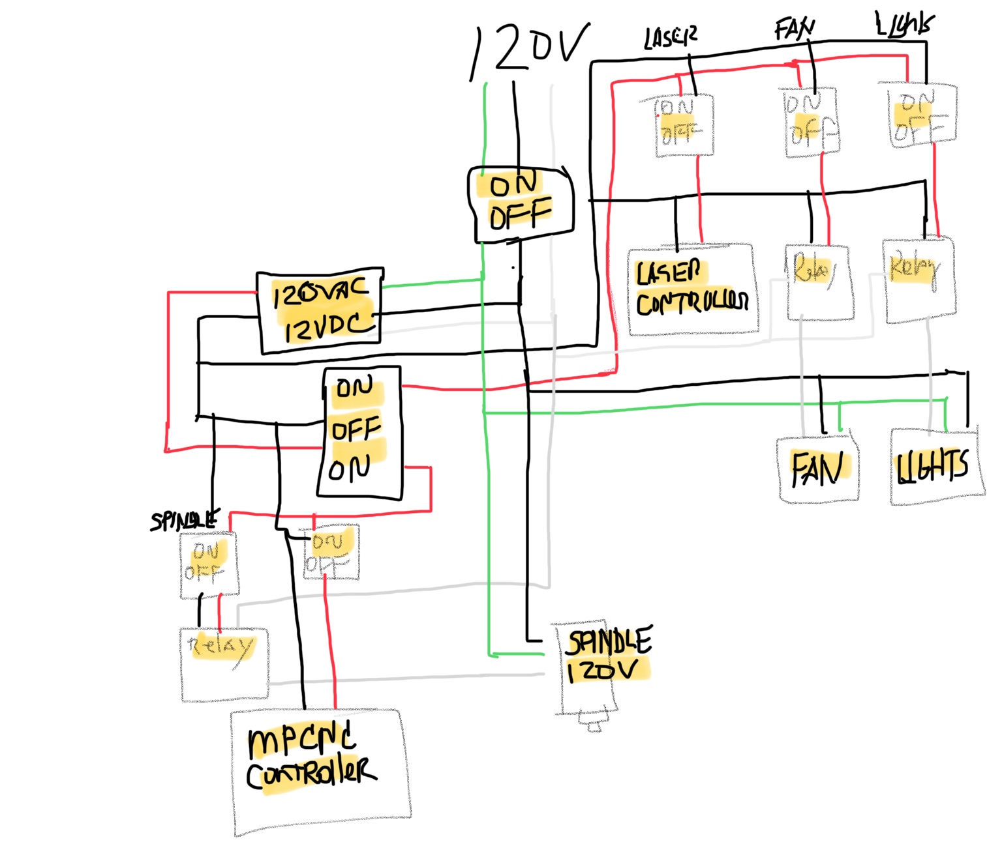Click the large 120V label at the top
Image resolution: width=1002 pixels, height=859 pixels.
tap(530, 50)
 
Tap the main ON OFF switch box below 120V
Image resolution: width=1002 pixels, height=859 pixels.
tap(521, 204)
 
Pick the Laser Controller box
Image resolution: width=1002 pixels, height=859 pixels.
tap(691, 290)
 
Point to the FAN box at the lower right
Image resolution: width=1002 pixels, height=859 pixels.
tap(818, 469)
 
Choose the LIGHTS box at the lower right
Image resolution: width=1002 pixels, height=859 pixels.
tap(935, 467)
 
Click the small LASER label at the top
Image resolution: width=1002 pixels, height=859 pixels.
tap(670, 38)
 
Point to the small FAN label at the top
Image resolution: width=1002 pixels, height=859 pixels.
tap(795, 29)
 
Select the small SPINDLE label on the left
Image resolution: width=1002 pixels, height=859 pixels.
tap(184, 520)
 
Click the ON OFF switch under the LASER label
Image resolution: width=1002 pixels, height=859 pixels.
tap(684, 125)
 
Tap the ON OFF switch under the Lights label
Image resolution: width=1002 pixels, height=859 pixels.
tap(921, 116)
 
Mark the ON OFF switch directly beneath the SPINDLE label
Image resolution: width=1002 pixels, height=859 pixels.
tap(208, 564)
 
